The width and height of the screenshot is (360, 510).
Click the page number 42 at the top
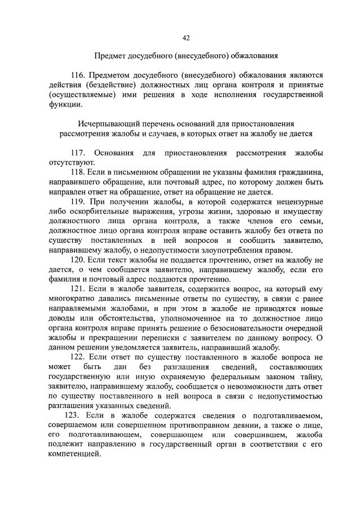click(186, 38)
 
